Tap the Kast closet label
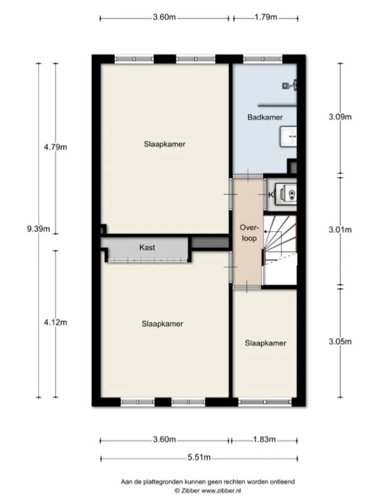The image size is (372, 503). (x=147, y=248)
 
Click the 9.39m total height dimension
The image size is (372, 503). (x=39, y=229)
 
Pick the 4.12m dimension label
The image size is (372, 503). (x=56, y=323)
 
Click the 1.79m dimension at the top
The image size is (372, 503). (x=265, y=17)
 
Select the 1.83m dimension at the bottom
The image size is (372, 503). (x=264, y=439)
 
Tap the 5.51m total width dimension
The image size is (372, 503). (x=199, y=458)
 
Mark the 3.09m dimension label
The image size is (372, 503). (x=340, y=117)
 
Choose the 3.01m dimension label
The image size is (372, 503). (x=340, y=230)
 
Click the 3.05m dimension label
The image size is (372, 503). (x=340, y=341)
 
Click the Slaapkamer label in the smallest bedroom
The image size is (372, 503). (x=265, y=343)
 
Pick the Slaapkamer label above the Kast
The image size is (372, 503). (x=165, y=144)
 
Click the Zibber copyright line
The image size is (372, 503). (x=207, y=490)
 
